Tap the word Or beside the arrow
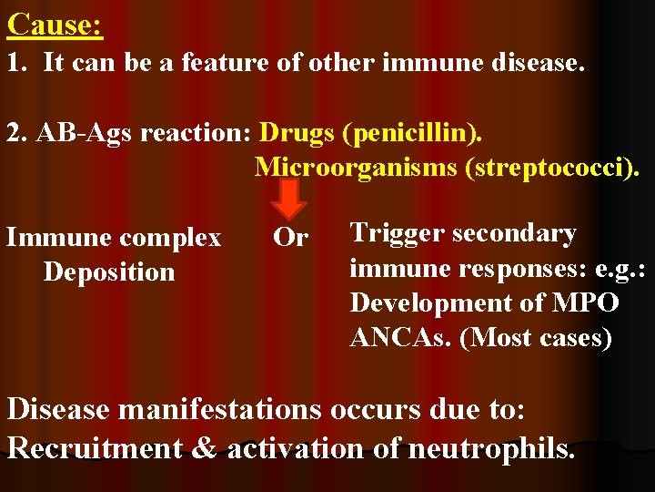(291, 238)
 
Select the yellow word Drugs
(298, 133)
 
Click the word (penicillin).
(413, 133)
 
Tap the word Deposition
(108, 272)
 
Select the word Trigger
(397, 233)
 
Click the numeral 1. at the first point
(15, 64)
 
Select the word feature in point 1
(217, 64)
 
